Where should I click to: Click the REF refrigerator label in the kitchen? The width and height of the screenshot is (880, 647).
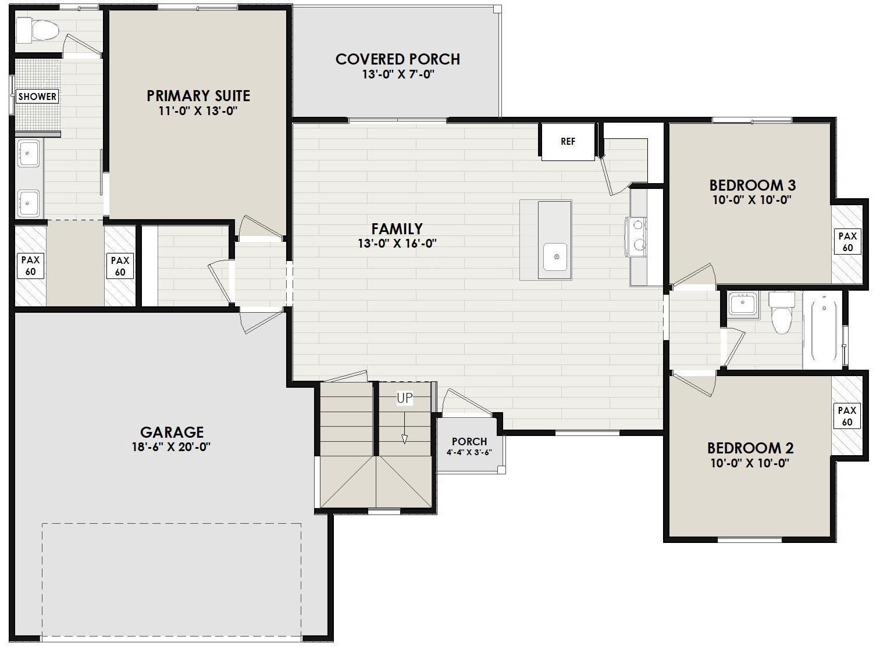[x=568, y=141]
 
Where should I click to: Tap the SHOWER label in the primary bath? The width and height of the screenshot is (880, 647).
[x=37, y=96]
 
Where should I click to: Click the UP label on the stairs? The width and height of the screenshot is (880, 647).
[x=405, y=398]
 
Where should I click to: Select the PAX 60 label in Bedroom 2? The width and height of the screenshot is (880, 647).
[x=847, y=416]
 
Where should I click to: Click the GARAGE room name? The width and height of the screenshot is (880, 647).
[x=172, y=432]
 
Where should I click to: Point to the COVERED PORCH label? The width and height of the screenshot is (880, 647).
[x=398, y=59]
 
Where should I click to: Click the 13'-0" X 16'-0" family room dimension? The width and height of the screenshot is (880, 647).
[x=397, y=244]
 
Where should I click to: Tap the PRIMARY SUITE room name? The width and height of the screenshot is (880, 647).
[x=198, y=95]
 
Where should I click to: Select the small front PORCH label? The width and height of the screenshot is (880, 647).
[x=469, y=441]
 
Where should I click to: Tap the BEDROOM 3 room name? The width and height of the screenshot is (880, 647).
[x=752, y=185]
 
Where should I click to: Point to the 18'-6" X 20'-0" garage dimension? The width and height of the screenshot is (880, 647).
[x=171, y=447]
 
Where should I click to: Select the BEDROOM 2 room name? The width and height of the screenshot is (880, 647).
[x=750, y=448]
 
